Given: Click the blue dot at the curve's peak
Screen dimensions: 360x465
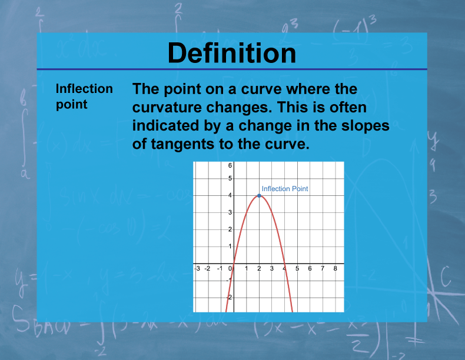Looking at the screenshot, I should click(x=259, y=195).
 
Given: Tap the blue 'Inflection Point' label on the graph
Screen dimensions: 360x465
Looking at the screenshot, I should click(x=285, y=189).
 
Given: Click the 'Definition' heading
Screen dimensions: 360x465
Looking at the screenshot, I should click(x=232, y=53).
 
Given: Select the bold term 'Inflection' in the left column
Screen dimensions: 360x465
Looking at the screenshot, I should click(x=84, y=89).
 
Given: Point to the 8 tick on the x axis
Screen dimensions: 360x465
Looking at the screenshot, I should click(x=335, y=269).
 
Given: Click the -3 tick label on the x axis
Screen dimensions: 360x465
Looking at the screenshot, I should click(x=197, y=269).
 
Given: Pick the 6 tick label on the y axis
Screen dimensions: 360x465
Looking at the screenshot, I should click(x=230, y=166).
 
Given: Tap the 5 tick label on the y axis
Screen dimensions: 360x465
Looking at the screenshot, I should click(x=230, y=178).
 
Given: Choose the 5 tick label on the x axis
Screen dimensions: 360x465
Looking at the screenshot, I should click(x=297, y=269).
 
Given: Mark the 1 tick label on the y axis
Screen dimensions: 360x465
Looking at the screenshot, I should click(x=230, y=246).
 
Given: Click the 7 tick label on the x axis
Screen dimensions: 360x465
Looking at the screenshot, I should click(x=323, y=269).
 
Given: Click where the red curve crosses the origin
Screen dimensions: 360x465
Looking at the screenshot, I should click(x=234, y=263).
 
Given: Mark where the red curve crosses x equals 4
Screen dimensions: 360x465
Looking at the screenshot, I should click(x=284, y=263).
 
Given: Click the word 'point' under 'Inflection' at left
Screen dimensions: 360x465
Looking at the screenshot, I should click(x=71, y=104).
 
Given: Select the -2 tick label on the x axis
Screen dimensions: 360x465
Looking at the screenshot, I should click(x=208, y=269).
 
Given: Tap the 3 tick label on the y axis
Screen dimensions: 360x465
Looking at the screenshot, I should click(x=230, y=212).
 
